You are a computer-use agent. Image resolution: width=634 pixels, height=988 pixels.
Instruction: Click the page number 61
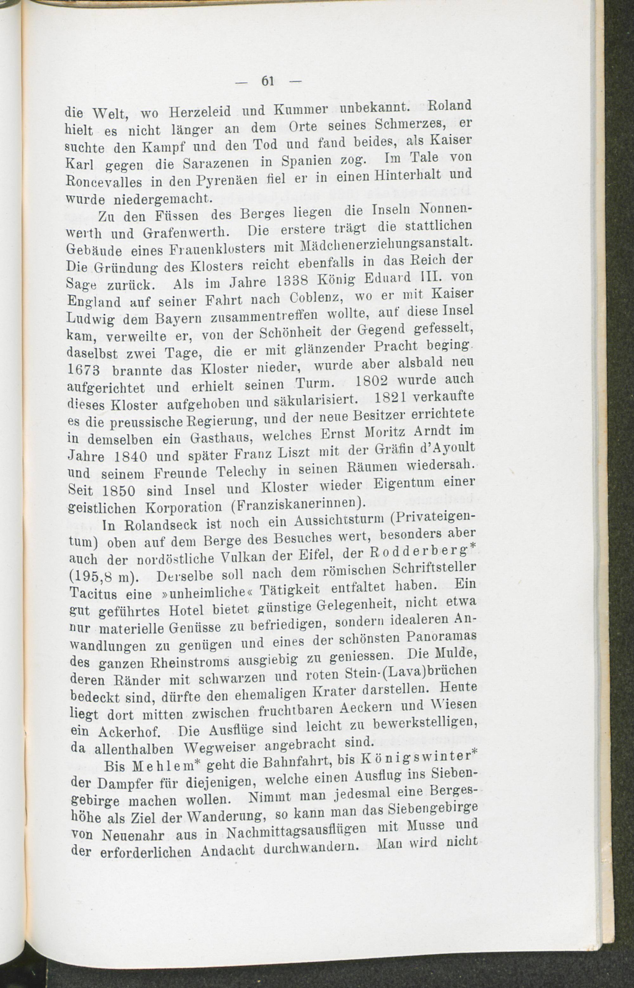click(268, 81)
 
